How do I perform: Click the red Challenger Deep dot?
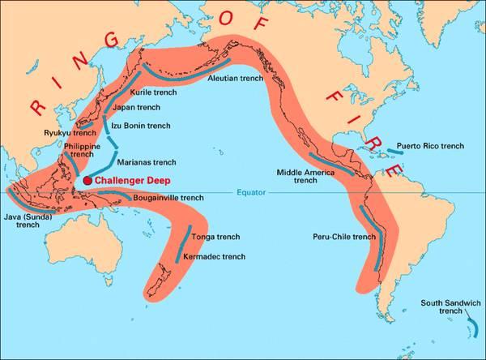[87, 179]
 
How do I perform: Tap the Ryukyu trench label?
[63, 132]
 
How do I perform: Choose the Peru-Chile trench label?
[343, 237]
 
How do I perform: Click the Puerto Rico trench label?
[435, 146]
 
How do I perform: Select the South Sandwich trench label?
[450, 306]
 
